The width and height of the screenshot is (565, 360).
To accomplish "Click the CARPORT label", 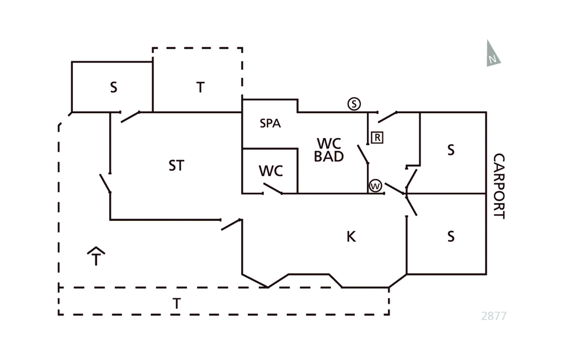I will (x=499, y=186).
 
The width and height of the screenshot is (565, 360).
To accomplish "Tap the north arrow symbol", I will (x=492, y=54).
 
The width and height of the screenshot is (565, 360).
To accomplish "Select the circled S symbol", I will (x=354, y=104).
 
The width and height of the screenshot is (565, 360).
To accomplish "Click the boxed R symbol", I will (x=377, y=137).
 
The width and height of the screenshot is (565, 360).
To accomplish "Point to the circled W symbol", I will (x=375, y=186).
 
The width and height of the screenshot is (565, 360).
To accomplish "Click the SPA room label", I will (x=270, y=124).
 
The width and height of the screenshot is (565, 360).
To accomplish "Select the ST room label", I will (x=176, y=165).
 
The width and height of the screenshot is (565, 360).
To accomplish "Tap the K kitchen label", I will (x=351, y=237).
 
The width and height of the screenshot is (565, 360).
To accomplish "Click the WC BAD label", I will (x=329, y=150).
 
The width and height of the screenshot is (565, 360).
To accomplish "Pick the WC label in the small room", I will (x=271, y=171).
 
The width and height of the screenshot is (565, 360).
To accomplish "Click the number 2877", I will (x=493, y=316).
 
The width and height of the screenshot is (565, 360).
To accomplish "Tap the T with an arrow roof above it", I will (x=97, y=256).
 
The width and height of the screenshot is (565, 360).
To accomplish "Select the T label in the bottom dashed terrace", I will (x=177, y=303).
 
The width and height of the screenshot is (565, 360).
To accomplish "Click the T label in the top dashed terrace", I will (x=200, y=87).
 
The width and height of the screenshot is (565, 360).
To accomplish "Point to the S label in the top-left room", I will (x=114, y=87).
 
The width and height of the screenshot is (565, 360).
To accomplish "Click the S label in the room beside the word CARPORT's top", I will (x=451, y=150).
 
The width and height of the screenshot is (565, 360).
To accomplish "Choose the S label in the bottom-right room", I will (x=451, y=237).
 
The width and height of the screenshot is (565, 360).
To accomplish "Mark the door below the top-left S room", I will (x=130, y=117).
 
